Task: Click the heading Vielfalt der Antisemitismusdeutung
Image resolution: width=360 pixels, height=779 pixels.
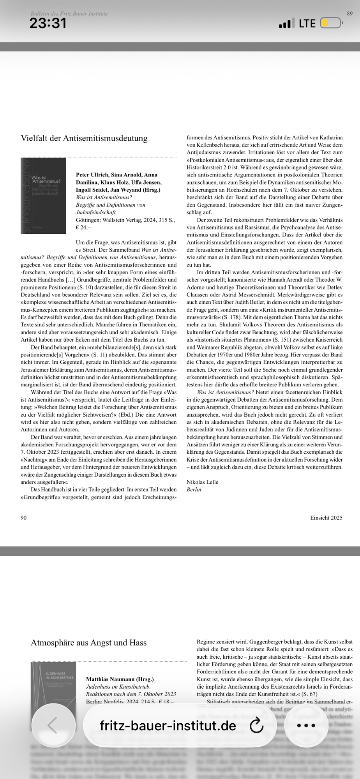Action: point(84,138)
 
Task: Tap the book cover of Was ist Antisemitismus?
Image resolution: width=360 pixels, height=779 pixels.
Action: point(43,196)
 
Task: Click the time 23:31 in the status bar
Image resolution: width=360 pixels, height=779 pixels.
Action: point(48,23)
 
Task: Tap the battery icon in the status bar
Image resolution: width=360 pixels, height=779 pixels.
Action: point(330,23)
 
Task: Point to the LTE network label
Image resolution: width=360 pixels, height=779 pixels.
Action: point(307,23)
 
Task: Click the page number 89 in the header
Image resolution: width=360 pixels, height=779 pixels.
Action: point(349,14)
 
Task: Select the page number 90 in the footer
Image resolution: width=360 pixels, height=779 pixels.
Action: point(23,517)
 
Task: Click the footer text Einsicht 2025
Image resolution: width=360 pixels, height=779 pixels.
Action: point(326,517)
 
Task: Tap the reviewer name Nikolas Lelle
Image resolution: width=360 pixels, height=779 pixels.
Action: point(202,482)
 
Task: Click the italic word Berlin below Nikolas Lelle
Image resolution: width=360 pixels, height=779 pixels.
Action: point(194,489)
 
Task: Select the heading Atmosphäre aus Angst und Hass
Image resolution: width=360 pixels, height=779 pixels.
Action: point(89,642)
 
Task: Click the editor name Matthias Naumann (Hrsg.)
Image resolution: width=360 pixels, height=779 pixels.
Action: point(120,679)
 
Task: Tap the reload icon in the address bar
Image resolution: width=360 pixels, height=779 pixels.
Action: point(256,726)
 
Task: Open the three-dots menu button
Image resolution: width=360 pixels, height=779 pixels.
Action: point(305,726)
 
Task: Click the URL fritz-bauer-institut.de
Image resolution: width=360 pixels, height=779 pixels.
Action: point(168,726)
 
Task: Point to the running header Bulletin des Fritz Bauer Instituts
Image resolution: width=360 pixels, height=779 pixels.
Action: point(69,14)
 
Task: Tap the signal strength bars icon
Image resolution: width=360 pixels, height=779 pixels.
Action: point(285,24)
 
